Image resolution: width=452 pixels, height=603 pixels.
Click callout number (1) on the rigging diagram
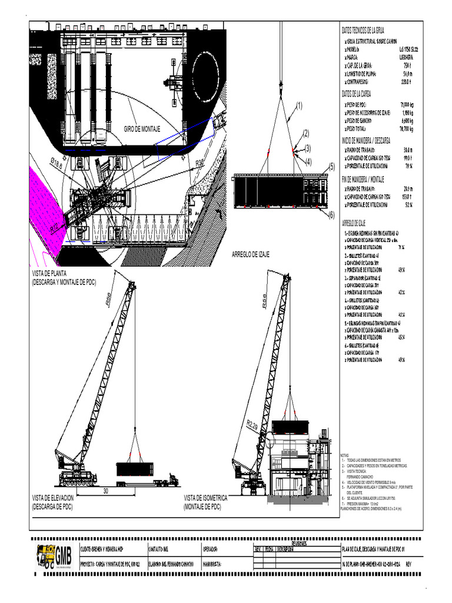(x=299, y=106)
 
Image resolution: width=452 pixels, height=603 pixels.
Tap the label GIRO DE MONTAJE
(x=142, y=128)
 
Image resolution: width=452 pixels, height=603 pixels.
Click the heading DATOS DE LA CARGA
(x=357, y=94)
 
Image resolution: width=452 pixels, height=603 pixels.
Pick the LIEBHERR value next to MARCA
(x=406, y=58)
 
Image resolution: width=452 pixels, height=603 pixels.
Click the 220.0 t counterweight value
(x=406, y=82)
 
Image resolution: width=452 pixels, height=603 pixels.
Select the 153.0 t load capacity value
(x=406, y=197)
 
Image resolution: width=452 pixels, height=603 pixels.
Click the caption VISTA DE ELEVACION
(x=53, y=498)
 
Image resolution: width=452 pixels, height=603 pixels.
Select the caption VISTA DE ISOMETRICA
(x=205, y=498)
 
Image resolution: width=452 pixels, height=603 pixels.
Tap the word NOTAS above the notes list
(x=345, y=455)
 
